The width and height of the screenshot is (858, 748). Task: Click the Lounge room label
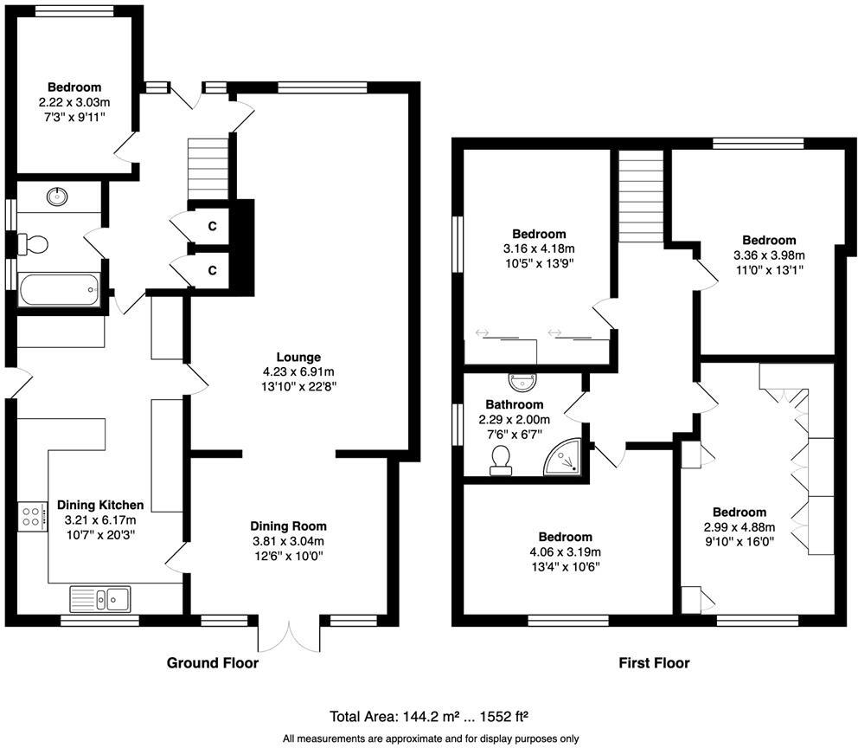298,357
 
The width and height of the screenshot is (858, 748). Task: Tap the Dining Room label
288,526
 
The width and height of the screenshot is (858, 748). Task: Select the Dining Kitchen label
99,505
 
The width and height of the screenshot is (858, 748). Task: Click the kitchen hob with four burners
32,517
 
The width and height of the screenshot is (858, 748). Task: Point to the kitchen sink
100,597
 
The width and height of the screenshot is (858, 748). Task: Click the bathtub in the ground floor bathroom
59,289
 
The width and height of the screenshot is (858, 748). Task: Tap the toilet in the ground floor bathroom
35,244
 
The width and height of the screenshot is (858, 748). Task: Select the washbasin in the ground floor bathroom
59,196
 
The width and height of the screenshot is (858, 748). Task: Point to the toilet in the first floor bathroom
500,461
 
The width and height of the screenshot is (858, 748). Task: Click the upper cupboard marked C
211,225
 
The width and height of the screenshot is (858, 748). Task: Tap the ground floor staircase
208,170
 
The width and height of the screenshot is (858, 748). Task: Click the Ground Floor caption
212,663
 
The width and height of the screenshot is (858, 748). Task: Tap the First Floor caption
654,663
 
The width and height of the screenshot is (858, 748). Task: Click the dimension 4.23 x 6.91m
298,372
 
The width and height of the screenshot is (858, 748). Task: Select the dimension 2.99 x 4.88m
739,527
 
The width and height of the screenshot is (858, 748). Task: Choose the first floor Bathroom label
514,404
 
